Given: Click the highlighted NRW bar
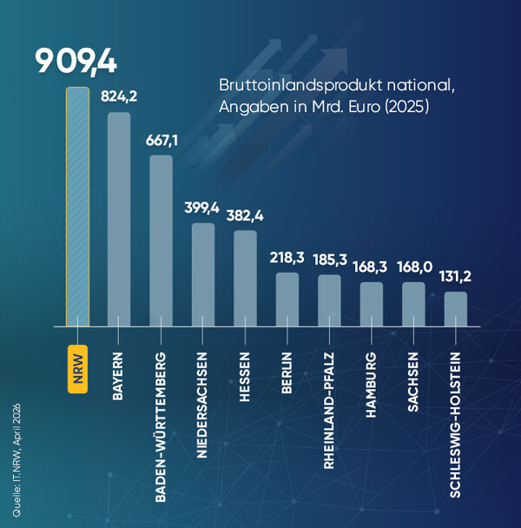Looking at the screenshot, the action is [78, 207].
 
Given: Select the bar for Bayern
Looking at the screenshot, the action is [119, 219].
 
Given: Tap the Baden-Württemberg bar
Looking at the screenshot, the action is [161, 241].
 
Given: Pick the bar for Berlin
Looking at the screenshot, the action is [287, 300].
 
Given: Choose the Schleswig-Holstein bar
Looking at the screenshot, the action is [456, 309].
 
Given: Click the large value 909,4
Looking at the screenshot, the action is [76, 62].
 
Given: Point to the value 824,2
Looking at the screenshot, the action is [119, 96].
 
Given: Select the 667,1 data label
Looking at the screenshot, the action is [162, 140].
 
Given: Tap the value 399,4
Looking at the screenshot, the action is [201, 208].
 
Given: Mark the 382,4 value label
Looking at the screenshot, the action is [245, 216].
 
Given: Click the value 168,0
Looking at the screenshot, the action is [414, 267].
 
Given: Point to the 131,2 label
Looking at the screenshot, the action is [455, 277].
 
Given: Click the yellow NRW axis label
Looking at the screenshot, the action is [78, 369].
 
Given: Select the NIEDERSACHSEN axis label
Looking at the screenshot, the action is [201, 405].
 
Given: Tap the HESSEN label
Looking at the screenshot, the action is [245, 377].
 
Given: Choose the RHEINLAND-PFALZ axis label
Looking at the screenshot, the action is [329, 411].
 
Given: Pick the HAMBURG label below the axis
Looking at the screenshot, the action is [371, 385].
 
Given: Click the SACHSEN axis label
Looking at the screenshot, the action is [413, 382].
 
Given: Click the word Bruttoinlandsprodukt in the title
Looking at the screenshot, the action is [300, 85].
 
